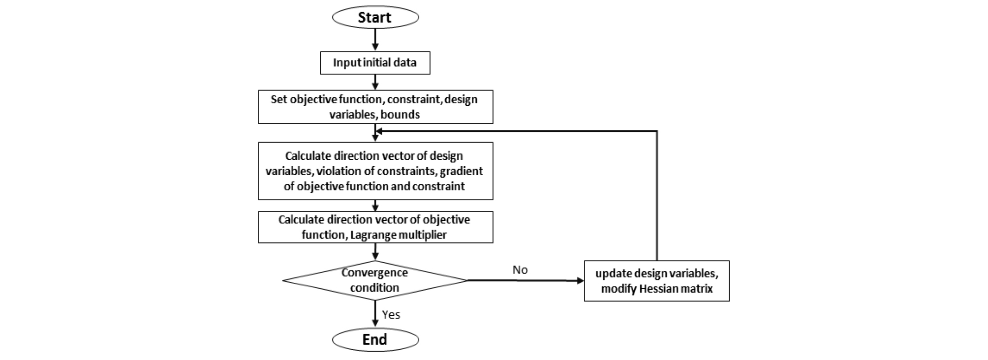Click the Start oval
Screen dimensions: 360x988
[x=375, y=18]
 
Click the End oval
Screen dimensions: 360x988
[x=375, y=339]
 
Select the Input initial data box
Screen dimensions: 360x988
[x=375, y=63]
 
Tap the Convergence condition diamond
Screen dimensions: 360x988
[x=375, y=280]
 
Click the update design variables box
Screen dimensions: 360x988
[x=656, y=281]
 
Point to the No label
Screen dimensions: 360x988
[x=520, y=270]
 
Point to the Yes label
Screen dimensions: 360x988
[x=391, y=315]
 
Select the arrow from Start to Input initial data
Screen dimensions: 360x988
[x=375, y=39]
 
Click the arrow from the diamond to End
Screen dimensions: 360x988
[x=375, y=313]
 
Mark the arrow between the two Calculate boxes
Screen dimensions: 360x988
[x=375, y=206]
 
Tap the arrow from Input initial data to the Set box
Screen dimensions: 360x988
[x=375, y=82]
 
